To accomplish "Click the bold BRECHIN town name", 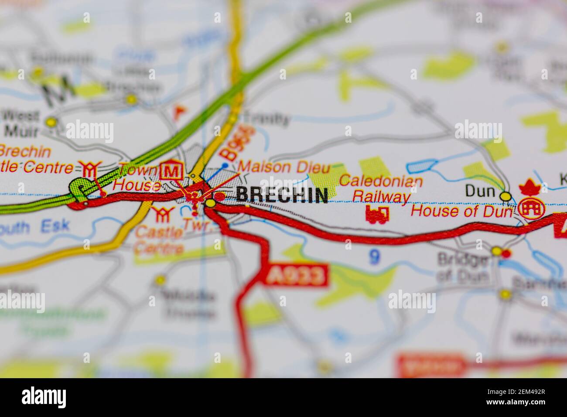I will [x=282, y=195].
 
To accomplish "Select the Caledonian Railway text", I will [x=381, y=188].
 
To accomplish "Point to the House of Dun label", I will [x=462, y=212].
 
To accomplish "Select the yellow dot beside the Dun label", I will [x=506, y=197].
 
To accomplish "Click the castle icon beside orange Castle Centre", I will [x=159, y=214].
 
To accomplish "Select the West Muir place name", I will [x=20, y=123].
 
